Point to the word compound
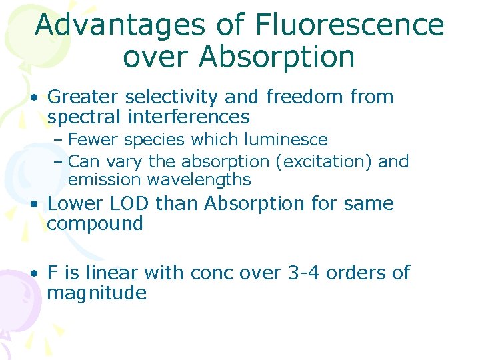click(95, 224)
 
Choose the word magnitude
click(97, 293)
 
